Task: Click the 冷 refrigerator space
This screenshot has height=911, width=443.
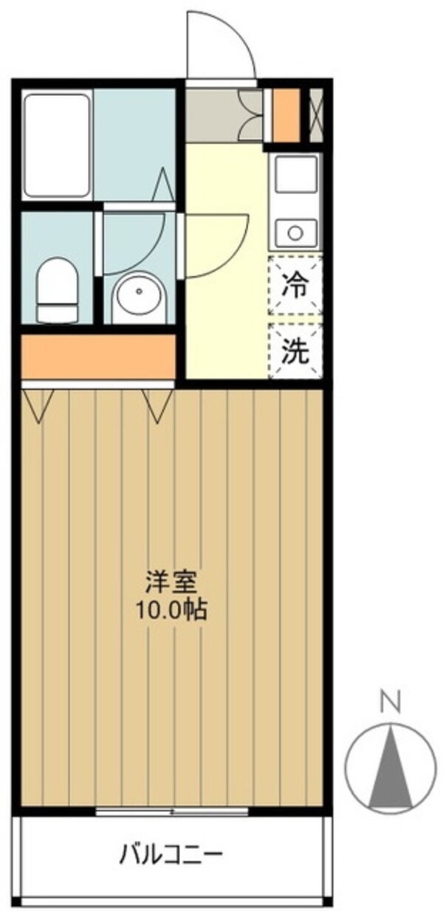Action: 296,285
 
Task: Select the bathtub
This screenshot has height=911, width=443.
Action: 57,145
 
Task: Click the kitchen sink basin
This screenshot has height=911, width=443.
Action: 296,174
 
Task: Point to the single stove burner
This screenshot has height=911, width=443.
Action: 296,233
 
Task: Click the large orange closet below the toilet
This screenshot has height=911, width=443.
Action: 98,357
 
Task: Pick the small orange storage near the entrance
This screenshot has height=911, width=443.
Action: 286,114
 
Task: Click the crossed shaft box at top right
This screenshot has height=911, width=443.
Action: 316,114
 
